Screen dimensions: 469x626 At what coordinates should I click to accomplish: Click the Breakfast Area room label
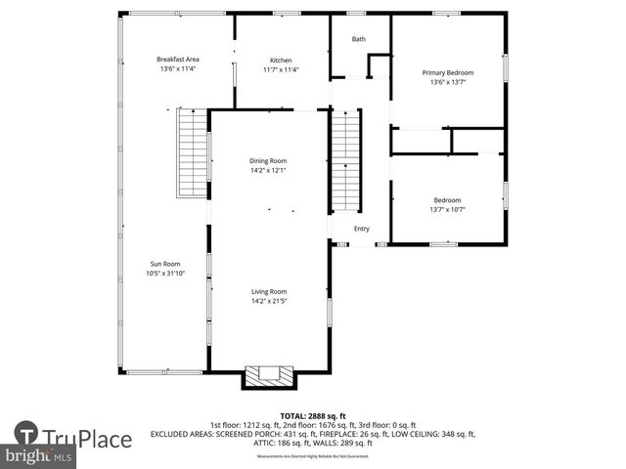178,60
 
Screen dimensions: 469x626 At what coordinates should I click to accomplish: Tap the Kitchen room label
281,60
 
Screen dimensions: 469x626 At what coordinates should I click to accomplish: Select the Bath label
358,39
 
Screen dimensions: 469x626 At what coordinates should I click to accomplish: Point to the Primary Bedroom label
447,72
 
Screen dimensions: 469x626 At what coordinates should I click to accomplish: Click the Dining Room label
268,161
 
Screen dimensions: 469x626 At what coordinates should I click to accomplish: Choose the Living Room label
268,291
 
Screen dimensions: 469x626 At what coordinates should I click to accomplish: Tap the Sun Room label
165,264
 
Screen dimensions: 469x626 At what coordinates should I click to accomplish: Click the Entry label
362,229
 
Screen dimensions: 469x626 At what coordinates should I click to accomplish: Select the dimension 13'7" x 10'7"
447,209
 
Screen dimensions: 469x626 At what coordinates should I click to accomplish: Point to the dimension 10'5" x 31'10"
165,274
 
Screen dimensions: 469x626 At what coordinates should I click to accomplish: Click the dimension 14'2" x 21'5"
268,301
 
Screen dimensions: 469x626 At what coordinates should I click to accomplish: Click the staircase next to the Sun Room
193,154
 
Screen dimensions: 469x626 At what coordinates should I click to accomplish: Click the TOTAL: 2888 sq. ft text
312,415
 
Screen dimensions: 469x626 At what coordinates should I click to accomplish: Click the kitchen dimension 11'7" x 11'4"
281,69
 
